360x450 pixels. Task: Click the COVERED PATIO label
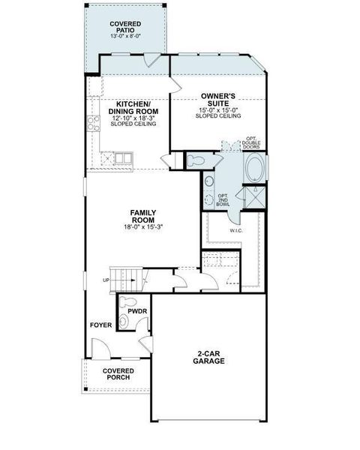tap(125, 27)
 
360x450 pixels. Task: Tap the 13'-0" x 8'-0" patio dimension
tap(125, 36)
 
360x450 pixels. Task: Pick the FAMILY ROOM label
tap(142, 216)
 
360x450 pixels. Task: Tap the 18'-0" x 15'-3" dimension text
tap(142, 227)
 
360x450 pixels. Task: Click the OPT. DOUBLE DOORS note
tap(251, 142)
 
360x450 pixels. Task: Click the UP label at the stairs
tap(106, 281)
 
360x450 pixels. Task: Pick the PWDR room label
tap(136, 309)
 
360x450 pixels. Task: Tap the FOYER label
tap(100, 325)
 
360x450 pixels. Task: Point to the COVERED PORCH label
tap(118, 373)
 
